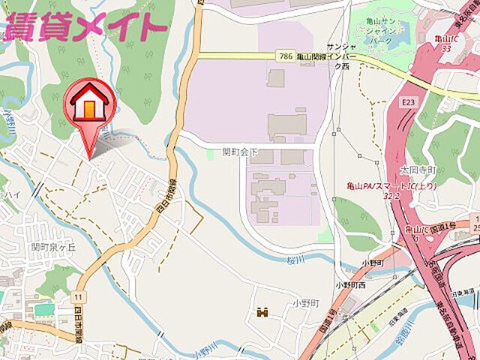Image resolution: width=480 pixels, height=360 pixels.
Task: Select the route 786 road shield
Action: point(284,55)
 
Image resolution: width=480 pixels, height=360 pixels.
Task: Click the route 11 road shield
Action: point(79,298)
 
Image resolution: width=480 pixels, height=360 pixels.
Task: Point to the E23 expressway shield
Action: point(408,100)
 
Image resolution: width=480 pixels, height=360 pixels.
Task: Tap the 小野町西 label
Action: point(350,285)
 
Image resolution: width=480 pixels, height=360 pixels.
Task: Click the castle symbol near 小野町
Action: point(262,311)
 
